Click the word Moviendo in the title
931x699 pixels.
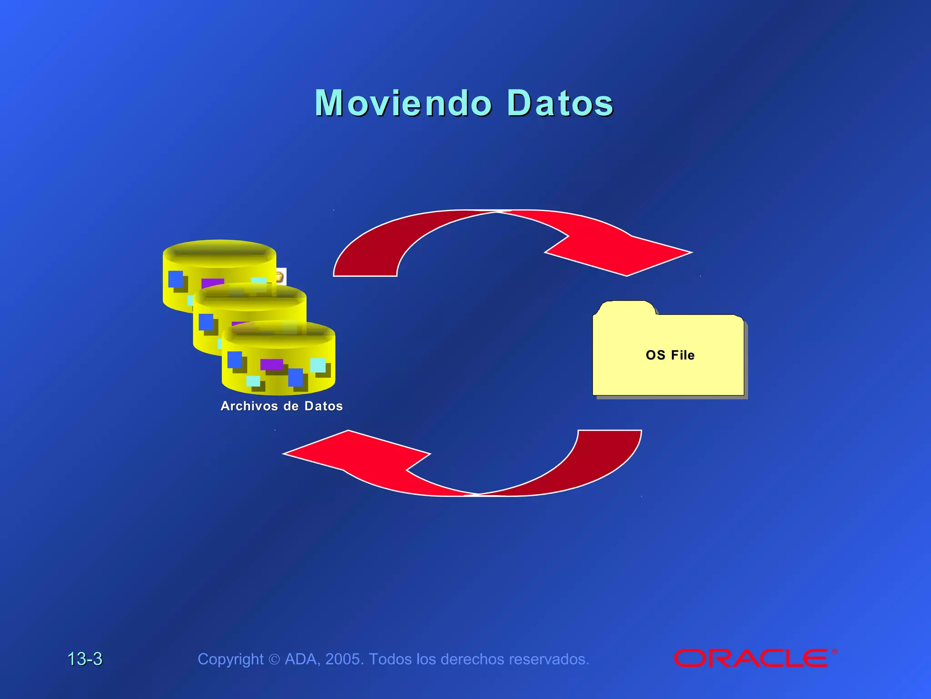click(403, 103)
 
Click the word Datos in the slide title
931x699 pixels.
click(560, 103)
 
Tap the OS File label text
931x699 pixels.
click(670, 355)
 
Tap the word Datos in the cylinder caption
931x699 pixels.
click(324, 406)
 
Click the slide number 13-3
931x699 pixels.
click(85, 659)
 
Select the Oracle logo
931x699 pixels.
click(751, 658)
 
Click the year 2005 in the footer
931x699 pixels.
click(344, 659)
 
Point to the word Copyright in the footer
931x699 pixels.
click(230, 659)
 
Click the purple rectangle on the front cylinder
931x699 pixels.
click(271, 365)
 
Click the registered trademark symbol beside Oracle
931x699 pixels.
click(835, 652)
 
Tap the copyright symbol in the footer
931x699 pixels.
click(274, 659)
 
